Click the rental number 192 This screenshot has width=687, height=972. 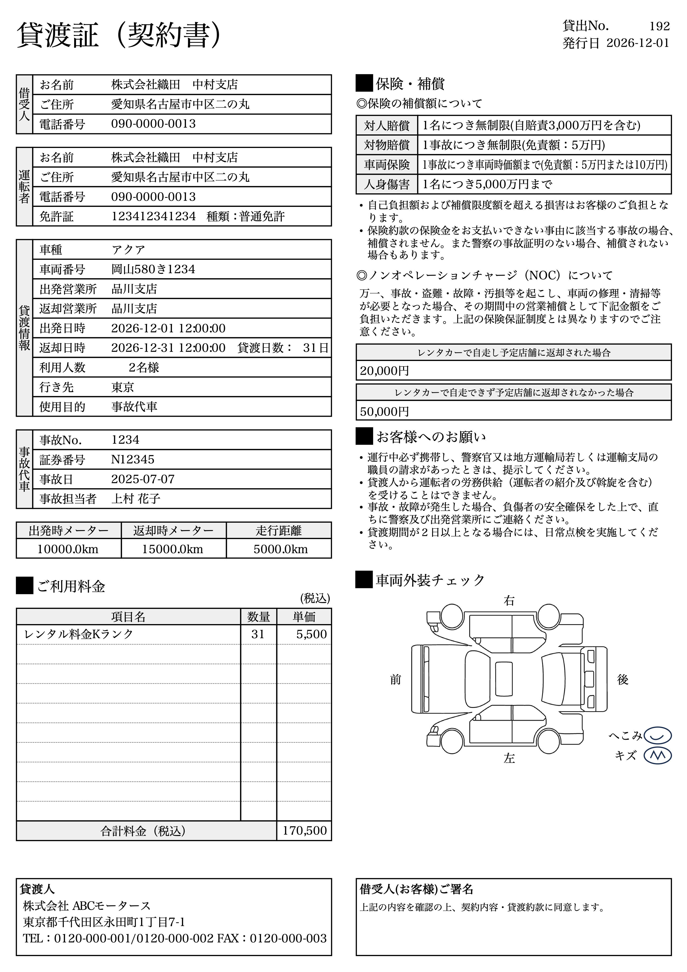[659, 26]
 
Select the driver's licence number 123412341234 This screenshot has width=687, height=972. [153, 216]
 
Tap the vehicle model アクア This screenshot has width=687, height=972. [128, 250]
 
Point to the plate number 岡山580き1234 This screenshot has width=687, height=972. [153, 269]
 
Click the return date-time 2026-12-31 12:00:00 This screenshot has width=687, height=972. [168, 348]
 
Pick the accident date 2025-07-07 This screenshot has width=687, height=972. [143, 479]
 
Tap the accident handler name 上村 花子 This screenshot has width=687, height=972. [136, 499]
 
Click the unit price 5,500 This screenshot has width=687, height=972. [311, 634]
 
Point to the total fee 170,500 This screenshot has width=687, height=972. [305, 831]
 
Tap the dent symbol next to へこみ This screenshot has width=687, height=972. [657, 735]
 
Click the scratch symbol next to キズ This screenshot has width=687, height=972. [657, 756]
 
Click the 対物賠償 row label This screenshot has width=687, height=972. [387, 145]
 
